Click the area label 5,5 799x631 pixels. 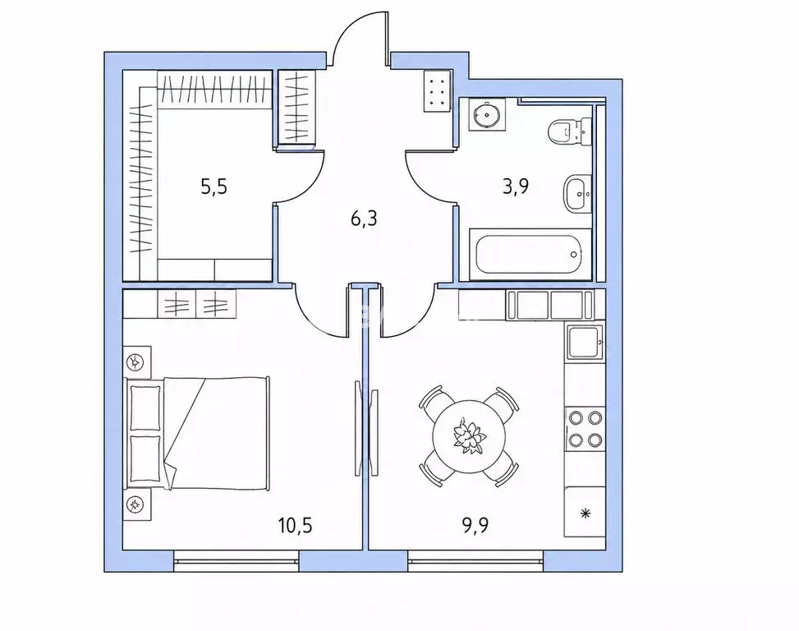point(214,187)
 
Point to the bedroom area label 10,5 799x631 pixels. point(295,524)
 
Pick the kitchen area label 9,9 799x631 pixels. point(475,524)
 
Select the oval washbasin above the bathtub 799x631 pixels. point(577,194)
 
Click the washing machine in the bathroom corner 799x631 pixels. point(486,115)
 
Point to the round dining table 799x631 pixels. point(469,437)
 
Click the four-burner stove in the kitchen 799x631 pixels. point(585,428)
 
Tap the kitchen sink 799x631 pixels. point(584,342)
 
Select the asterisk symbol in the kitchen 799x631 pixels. point(586,512)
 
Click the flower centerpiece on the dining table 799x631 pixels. point(469,436)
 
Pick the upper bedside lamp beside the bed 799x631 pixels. point(136,362)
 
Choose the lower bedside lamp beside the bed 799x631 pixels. point(136,504)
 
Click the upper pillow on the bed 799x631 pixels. point(145,408)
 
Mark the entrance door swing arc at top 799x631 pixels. point(351,26)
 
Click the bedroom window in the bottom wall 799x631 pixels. point(236,561)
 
